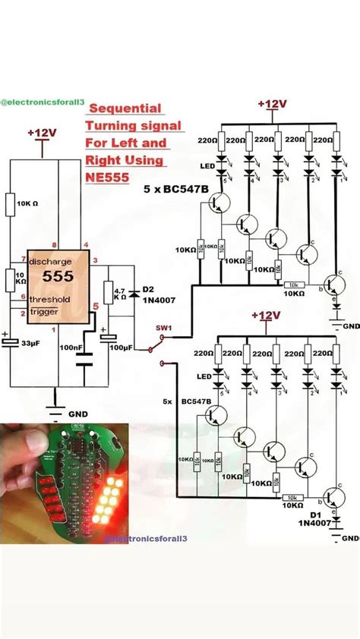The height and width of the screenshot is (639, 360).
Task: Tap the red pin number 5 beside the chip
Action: [95, 307]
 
